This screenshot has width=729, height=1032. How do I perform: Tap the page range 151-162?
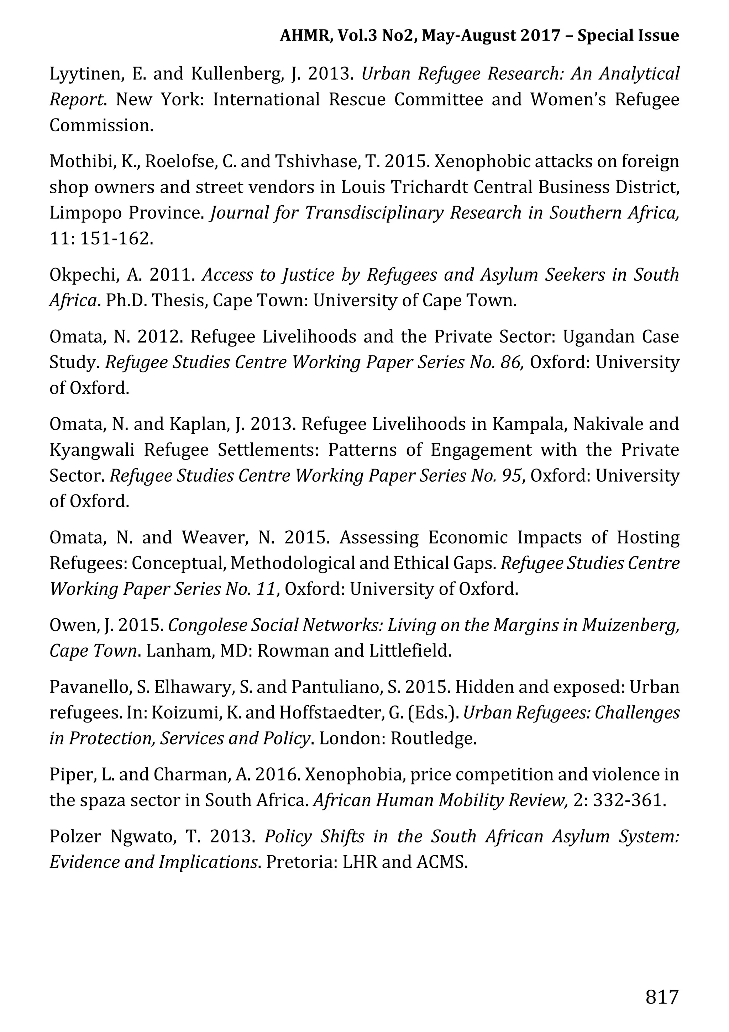pos(116,239)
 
